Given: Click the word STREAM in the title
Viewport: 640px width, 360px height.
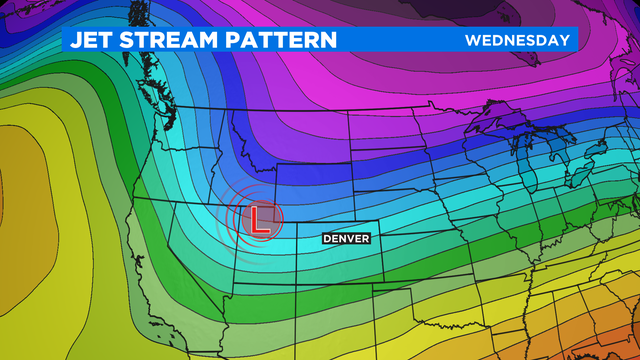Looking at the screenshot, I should tap(171, 40).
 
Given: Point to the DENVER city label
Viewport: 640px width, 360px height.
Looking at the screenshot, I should tap(346, 239).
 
